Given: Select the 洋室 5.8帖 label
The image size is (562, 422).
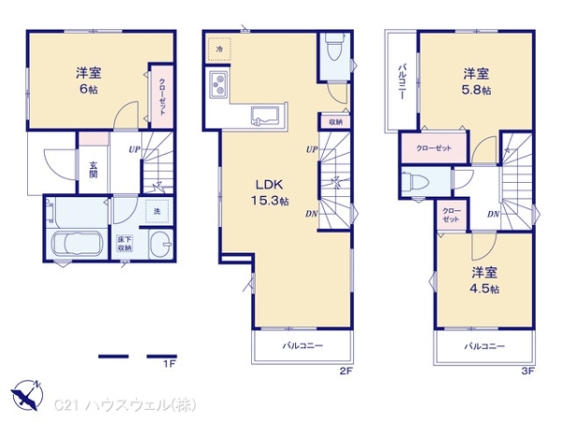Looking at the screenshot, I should (x=475, y=81).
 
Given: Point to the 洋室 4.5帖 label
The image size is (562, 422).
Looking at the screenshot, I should (x=483, y=280).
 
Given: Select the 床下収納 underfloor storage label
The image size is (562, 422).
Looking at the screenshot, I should (x=125, y=245).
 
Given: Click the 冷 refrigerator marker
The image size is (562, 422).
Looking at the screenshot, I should (x=218, y=47).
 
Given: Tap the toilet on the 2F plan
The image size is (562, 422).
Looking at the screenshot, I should (x=333, y=47).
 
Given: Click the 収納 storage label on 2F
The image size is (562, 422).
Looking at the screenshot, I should (x=335, y=122).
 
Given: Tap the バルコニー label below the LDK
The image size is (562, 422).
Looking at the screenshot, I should (x=303, y=346).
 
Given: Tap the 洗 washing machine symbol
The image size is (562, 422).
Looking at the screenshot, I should (x=156, y=211).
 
